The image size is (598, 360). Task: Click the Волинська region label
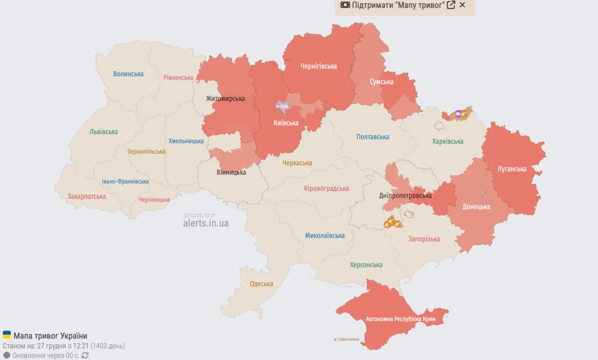pyautogui.click(x=128, y=74)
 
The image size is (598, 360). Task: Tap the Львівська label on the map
pyautogui.click(x=104, y=132)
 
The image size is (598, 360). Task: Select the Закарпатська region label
pyautogui.click(x=86, y=196)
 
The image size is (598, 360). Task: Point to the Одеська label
pyautogui.click(x=261, y=284)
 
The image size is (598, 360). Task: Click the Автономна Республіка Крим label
pyautogui.click(x=400, y=319)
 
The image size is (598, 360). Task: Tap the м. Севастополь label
pyautogui.click(x=347, y=339)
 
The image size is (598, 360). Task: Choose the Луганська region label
pyautogui.click(x=512, y=169)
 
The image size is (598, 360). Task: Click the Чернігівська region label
pyautogui.click(x=319, y=66)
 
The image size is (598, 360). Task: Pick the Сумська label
pyautogui.click(x=381, y=82)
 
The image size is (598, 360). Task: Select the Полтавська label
pyautogui.click(x=372, y=137)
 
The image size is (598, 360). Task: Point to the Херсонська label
pyautogui.click(x=366, y=265)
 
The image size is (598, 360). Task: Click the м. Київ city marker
pyautogui.click(x=282, y=106)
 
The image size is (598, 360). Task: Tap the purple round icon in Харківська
pyautogui.click(x=458, y=113)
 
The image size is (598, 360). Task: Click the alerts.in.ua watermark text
pyautogui.click(x=206, y=223)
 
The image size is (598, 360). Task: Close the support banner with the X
pyautogui.click(x=463, y=5)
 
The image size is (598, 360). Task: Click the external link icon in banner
pyautogui.click(x=451, y=5)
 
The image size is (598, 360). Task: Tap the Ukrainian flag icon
pyautogui.click(x=7, y=335)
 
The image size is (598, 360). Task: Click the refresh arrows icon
pyautogui.click(x=85, y=355)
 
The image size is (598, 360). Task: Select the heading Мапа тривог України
pyautogui.click(x=50, y=336)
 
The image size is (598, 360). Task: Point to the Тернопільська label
pyautogui.click(x=146, y=151)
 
